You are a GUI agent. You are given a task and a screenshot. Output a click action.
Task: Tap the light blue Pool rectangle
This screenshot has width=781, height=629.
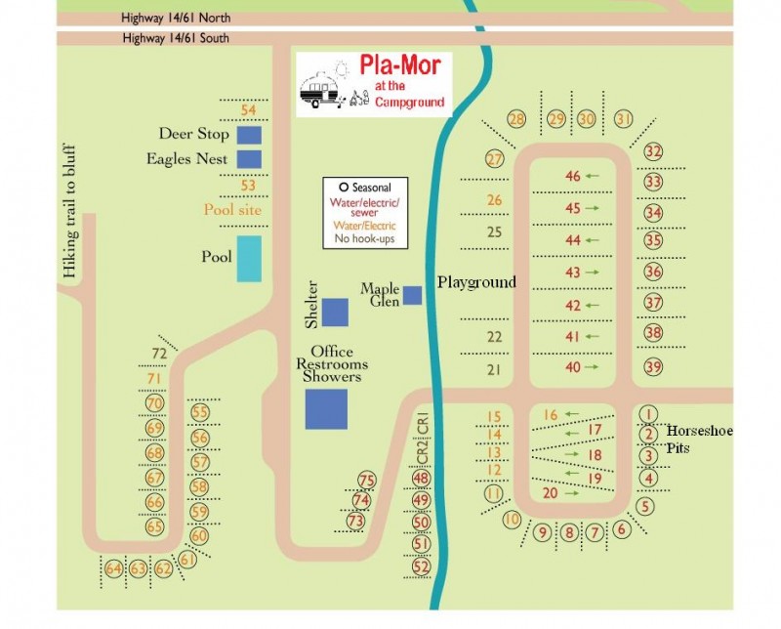(x=249, y=258)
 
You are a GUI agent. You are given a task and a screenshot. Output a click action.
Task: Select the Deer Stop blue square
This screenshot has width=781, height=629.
(x=250, y=134)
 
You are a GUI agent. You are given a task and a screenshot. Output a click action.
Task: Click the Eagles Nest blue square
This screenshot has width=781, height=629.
(x=250, y=158)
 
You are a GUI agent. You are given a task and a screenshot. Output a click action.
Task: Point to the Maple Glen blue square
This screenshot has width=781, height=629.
(x=413, y=294)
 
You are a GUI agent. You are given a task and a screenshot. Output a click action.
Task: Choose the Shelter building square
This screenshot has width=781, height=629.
(x=335, y=312)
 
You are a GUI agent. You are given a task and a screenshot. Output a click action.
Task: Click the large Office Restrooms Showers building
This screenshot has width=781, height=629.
(x=326, y=408)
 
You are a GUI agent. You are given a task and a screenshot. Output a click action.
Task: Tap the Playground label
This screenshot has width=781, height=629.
(x=475, y=282)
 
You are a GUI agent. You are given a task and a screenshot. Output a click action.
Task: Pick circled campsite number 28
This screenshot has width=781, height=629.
(x=516, y=119)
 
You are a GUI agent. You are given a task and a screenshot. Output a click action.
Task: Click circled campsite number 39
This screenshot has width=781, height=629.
(x=653, y=366)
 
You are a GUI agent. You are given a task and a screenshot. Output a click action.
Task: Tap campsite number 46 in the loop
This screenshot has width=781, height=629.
(x=573, y=176)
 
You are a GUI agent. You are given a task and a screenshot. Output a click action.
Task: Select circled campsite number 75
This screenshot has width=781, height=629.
(x=367, y=480)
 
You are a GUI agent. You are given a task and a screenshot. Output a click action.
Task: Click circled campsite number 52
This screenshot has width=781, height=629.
(x=422, y=566)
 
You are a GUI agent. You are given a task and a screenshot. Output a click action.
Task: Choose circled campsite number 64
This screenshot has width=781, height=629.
(x=114, y=568)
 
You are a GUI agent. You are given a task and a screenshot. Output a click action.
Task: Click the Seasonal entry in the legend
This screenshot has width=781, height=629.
(x=366, y=188)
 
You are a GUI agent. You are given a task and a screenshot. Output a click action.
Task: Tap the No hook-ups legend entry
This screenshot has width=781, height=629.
(x=366, y=238)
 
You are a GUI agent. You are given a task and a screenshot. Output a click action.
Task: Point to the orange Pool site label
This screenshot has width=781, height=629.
(x=232, y=209)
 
